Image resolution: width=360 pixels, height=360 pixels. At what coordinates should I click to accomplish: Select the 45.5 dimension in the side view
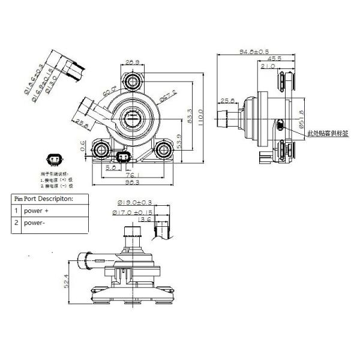(275, 59)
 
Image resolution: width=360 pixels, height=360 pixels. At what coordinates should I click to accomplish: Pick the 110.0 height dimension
(201, 114)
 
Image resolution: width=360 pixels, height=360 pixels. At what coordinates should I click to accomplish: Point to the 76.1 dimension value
(138, 175)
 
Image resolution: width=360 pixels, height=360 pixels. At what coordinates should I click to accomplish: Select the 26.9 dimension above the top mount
(133, 61)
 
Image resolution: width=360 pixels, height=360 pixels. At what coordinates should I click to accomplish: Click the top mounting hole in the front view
(133, 80)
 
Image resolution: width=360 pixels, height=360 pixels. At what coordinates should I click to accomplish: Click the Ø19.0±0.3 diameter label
(131, 203)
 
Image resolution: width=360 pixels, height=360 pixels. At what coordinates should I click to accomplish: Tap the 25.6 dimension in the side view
(227, 100)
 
